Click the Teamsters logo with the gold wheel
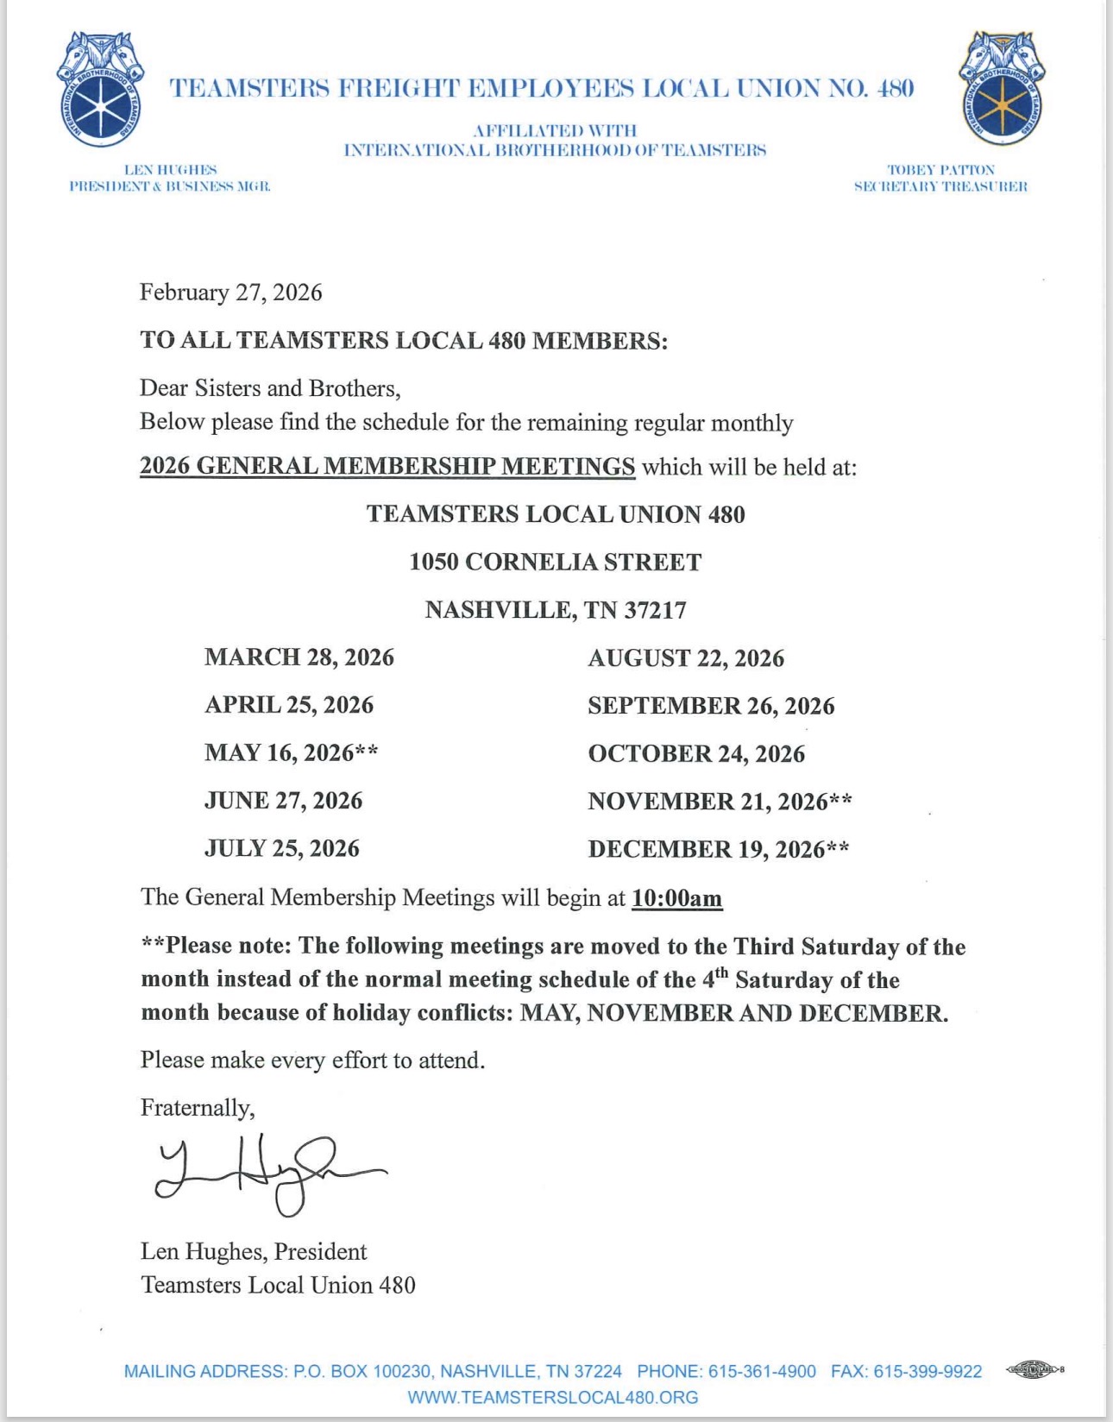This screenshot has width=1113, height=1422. pos(1002,89)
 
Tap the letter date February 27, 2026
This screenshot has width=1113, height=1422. pos(230,293)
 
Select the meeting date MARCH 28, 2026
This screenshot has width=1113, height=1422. pos(299,658)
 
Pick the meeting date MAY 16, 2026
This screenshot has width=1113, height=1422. pos(291,752)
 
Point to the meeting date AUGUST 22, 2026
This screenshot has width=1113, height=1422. pos(686,658)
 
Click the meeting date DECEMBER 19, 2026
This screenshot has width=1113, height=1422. pos(718,849)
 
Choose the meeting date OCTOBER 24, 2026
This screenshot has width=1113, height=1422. pos(696,753)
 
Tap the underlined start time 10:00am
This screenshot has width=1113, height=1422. pos(676,898)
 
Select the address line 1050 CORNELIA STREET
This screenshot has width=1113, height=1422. pos(555,563)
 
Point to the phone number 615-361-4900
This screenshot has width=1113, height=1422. pos(760,1371)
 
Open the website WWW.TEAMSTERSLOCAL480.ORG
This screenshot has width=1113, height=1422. pos(553,1397)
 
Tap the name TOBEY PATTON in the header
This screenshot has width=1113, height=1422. pos(940,170)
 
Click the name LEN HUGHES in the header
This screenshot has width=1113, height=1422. pos(170,170)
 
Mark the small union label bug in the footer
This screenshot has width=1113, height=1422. pos(1034,1369)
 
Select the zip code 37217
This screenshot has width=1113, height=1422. pos(656,611)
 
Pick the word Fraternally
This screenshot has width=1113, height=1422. pos(198,1108)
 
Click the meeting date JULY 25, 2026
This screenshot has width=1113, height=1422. pos(281,848)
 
